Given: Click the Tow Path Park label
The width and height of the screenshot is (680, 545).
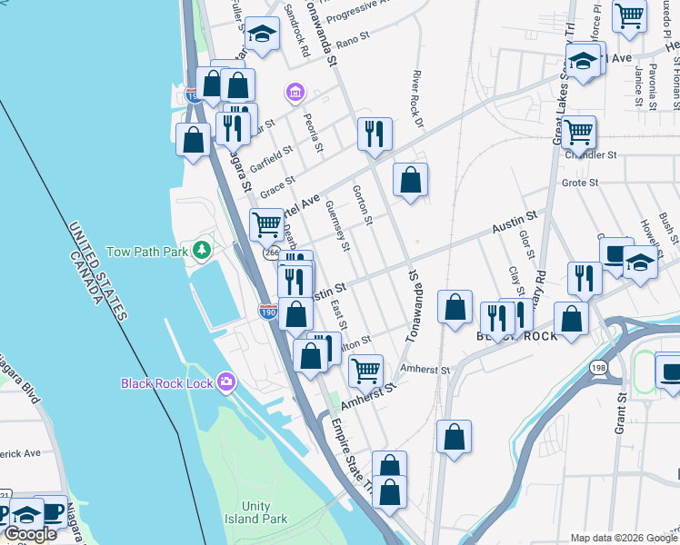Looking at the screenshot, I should click(x=146, y=251).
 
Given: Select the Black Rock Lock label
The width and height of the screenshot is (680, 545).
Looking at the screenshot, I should click(x=167, y=383).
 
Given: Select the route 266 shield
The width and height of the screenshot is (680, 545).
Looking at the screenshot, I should click(x=271, y=253).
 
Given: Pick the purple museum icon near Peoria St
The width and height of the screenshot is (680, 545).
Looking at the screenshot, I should click(x=294, y=92).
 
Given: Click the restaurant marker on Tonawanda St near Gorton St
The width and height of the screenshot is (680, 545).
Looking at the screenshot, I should click(x=375, y=135).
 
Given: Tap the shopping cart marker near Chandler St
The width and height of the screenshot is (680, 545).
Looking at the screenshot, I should click(x=578, y=133).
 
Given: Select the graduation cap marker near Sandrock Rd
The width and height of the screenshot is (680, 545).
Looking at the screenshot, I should click(x=262, y=35).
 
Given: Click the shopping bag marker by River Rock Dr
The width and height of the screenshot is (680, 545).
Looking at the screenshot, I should click(x=411, y=179).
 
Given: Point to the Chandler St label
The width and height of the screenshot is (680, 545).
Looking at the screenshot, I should click(x=591, y=155).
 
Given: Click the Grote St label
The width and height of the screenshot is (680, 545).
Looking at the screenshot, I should click(x=579, y=183).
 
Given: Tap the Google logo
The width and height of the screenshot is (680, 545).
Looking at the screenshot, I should click(x=31, y=534).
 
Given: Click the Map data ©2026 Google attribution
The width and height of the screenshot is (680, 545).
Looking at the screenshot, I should click(x=623, y=538).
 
